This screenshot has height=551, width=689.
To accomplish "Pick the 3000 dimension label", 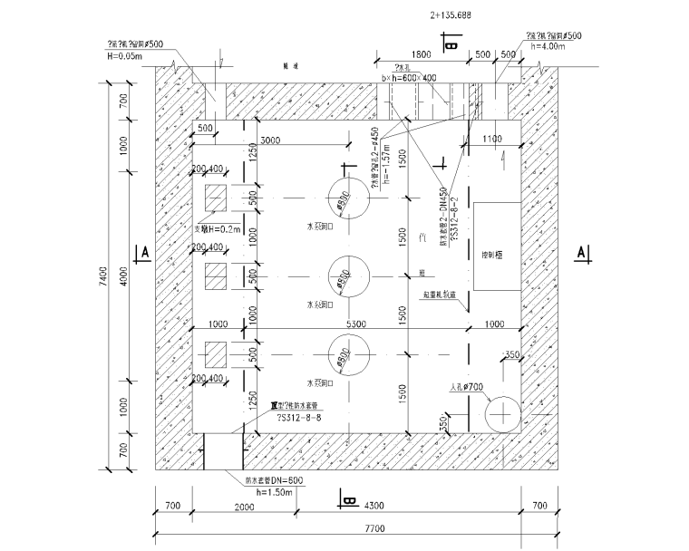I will [269, 142].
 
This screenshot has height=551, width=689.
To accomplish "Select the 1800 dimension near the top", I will [419, 54].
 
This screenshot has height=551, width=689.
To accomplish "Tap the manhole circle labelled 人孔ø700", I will [499, 415].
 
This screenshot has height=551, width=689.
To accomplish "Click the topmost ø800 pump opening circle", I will [344, 198].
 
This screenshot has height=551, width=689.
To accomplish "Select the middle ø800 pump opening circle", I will [344, 275].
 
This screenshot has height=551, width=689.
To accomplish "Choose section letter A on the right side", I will [580, 253].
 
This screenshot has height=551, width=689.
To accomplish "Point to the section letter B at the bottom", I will [349, 498].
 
